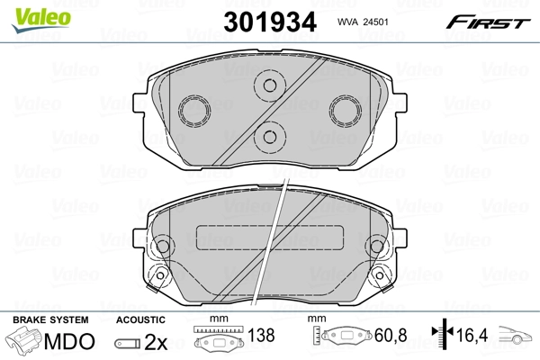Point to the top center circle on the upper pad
tap(268, 87)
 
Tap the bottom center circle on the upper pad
tap(268, 137)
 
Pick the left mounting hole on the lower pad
tap(163, 247)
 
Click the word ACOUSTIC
tap(140, 319)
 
